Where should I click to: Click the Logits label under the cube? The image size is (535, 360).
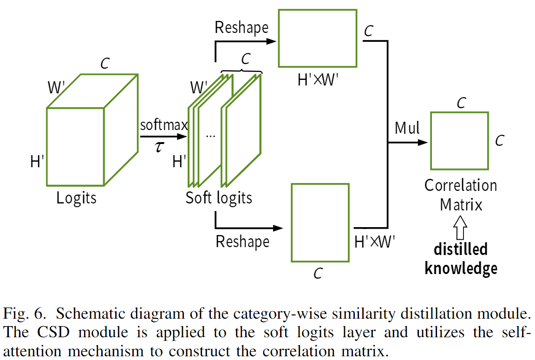(77, 198)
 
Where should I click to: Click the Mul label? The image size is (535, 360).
(407, 128)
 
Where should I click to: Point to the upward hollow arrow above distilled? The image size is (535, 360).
(460, 229)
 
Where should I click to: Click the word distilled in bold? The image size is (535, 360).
(461, 249)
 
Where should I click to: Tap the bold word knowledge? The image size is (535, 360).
(461, 268)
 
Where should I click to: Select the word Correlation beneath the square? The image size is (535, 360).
(461, 186)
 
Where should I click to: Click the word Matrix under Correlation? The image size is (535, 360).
(461, 204)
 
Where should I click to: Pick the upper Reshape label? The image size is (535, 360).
(241, 27)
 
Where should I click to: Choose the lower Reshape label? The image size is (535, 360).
(242, 242)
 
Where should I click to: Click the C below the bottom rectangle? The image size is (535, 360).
(318, 274)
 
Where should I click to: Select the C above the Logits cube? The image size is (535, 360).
(105, 64)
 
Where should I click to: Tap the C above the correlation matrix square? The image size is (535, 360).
(461, 103)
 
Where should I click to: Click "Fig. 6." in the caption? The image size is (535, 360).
(24, 314)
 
